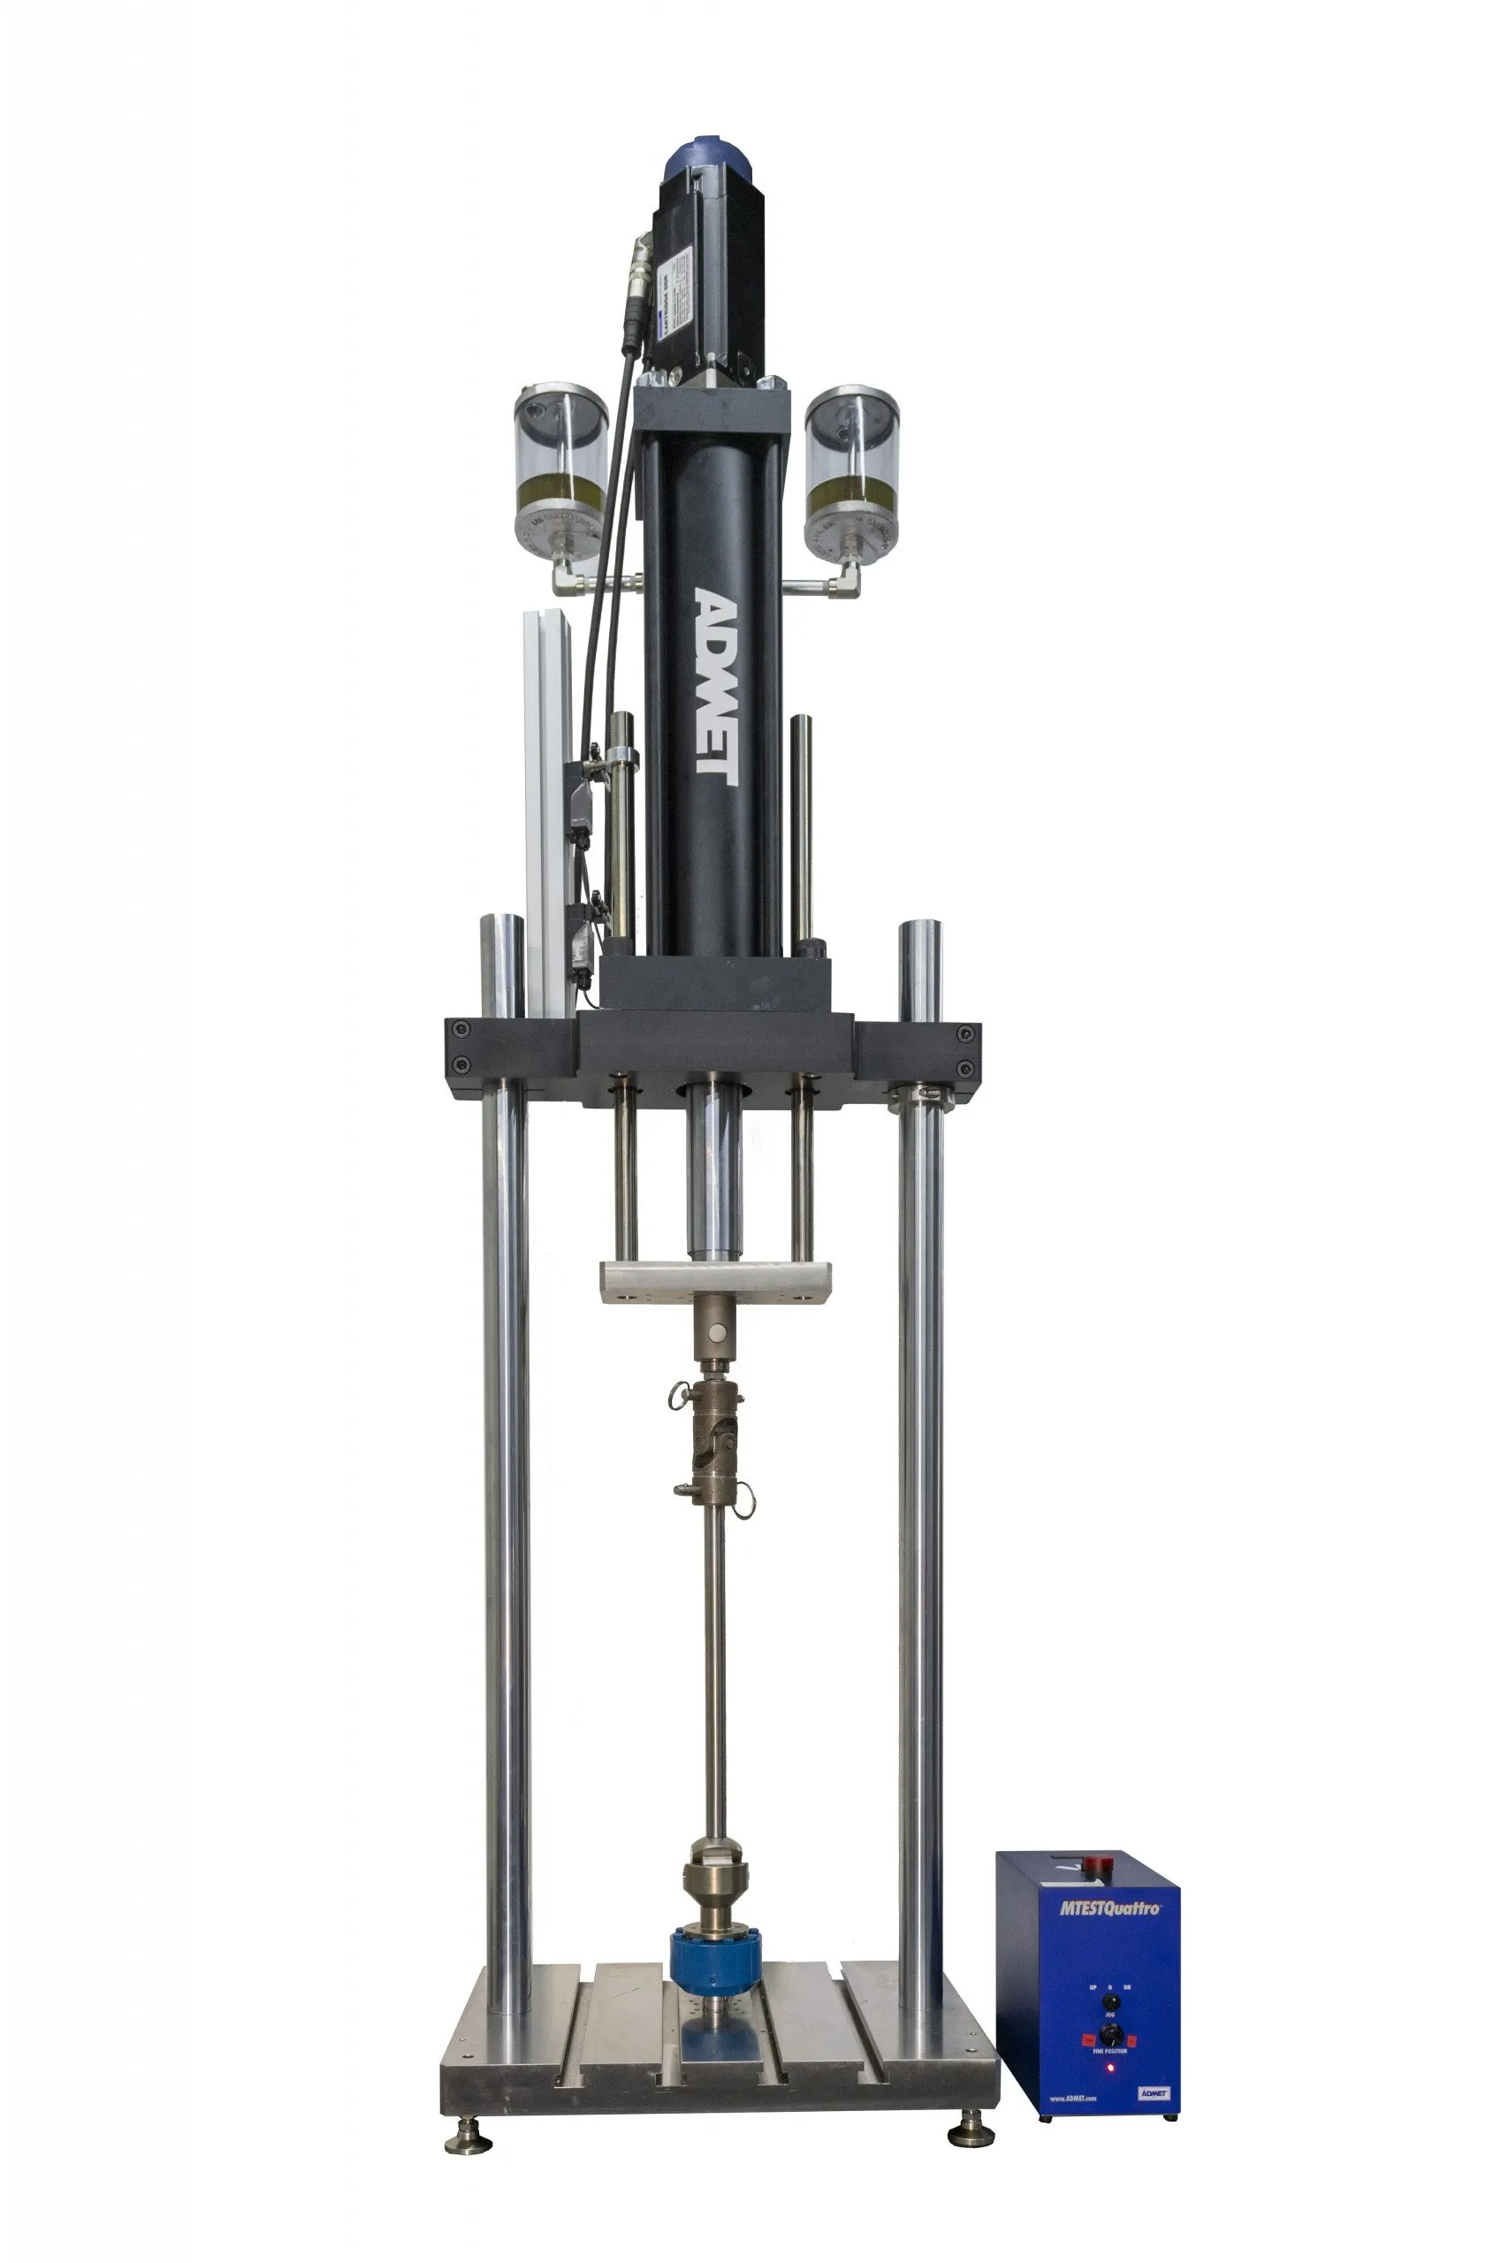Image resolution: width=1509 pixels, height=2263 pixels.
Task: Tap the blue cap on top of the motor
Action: pos(712,163)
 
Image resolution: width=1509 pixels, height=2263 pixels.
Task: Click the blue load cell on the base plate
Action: pos(715,1960)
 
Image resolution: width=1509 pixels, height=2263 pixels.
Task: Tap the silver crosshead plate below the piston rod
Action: pos(716,1283)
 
